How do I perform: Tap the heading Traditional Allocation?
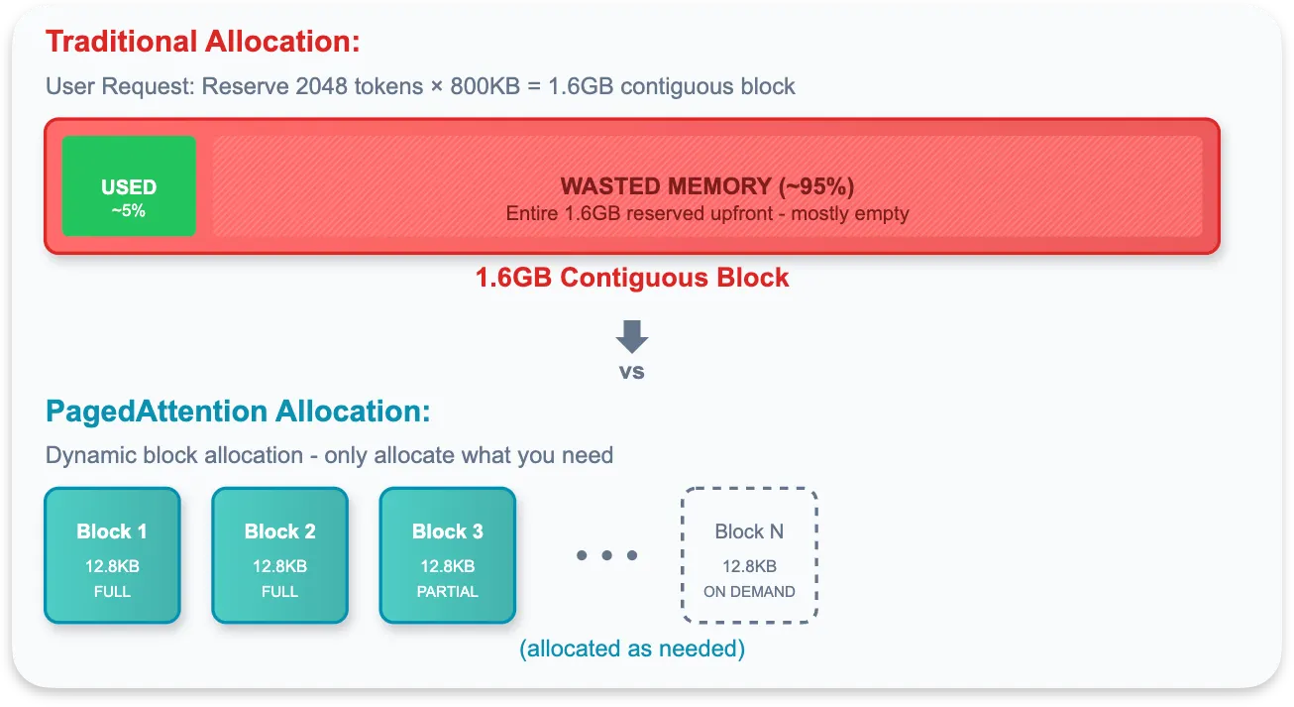(202, 43)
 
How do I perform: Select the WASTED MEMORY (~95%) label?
(706, 186)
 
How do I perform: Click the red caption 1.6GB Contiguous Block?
(632, 278)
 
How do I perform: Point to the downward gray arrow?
(632, 336)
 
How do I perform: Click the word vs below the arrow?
(632, 372)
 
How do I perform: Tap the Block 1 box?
(112, 555)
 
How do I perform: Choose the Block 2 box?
(279, 555)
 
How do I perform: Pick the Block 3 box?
(448, 555)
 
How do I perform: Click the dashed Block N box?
(749, 555)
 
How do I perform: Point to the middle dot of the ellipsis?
(607, 555)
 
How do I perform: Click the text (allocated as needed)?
(632, 649)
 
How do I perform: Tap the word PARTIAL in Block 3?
(448, 592)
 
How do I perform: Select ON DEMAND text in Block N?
(749, 592)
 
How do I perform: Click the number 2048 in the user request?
(321, 86)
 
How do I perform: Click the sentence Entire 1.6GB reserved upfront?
(706, 213)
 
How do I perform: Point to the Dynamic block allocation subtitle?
(329, 456)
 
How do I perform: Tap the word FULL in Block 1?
(112, 592)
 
